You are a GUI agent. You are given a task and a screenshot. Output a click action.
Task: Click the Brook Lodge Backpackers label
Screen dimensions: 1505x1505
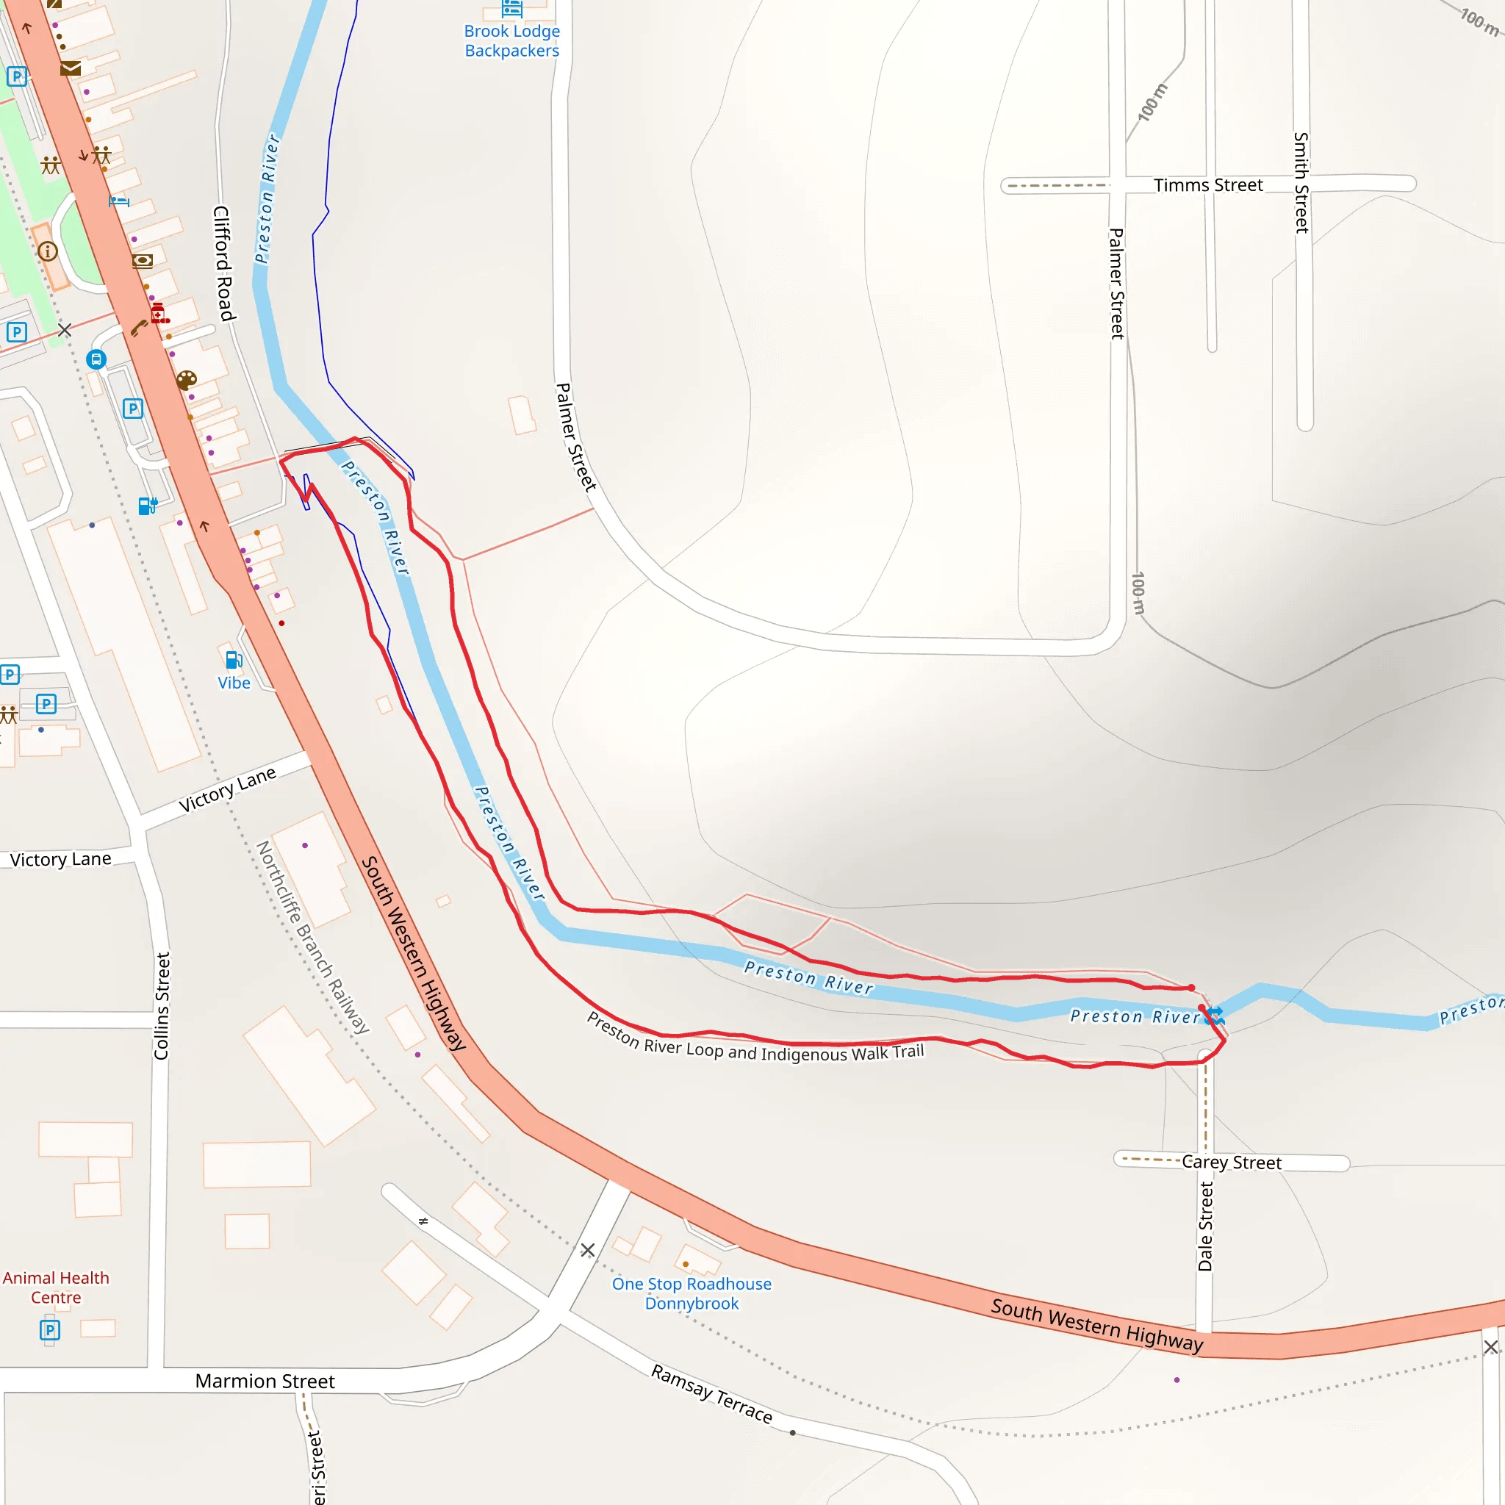(511, 40)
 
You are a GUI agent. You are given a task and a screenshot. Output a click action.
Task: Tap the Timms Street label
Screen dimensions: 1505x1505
(1207, 185)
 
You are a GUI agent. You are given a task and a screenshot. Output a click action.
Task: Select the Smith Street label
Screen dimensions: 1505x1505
(1301, 182)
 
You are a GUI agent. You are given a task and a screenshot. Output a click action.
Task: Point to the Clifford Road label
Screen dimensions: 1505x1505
(223, 263)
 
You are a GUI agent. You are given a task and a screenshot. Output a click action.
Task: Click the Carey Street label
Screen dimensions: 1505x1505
(1231, 1163)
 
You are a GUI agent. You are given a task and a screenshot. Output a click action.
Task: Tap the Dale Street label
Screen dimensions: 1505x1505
(1205, 1226)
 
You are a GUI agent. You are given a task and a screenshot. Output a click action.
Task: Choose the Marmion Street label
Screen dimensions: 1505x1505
(265, 1381)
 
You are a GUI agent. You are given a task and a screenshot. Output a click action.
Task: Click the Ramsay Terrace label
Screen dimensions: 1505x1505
(711, 1393)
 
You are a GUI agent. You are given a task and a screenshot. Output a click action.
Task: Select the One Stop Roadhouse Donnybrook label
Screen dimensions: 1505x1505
(692, 1293)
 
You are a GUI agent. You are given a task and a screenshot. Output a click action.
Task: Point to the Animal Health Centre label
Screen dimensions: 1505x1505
(56, 1287)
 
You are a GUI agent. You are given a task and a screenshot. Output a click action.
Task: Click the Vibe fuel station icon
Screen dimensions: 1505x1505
(233, 660)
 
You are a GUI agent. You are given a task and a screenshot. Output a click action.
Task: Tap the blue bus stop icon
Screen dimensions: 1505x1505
(96, 359)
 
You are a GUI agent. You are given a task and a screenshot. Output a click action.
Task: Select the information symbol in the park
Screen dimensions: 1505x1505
(48, 251)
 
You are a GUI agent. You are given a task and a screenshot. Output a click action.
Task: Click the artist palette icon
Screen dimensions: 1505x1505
(186, 380)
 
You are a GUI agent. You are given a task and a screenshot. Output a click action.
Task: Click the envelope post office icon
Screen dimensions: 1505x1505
(70, 68)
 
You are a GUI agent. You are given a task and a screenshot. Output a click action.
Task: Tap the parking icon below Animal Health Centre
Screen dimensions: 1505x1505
(50, 1329)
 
